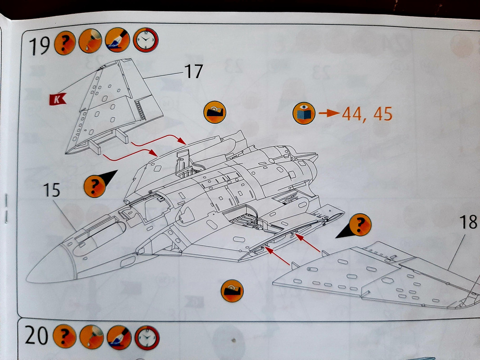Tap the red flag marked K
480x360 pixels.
pyautogui.click(x=58, y=99)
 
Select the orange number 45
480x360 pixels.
pyautogui.click(x=382, y=114)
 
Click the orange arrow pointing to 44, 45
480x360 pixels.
pyautogui.click(x=328, y=114)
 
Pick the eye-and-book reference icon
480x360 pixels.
pyautogui.click(x=304, y=113)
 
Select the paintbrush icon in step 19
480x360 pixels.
pyautogui.click(x=117, y=42)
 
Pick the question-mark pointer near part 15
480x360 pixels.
pyautogui.click(x=95, y=186)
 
